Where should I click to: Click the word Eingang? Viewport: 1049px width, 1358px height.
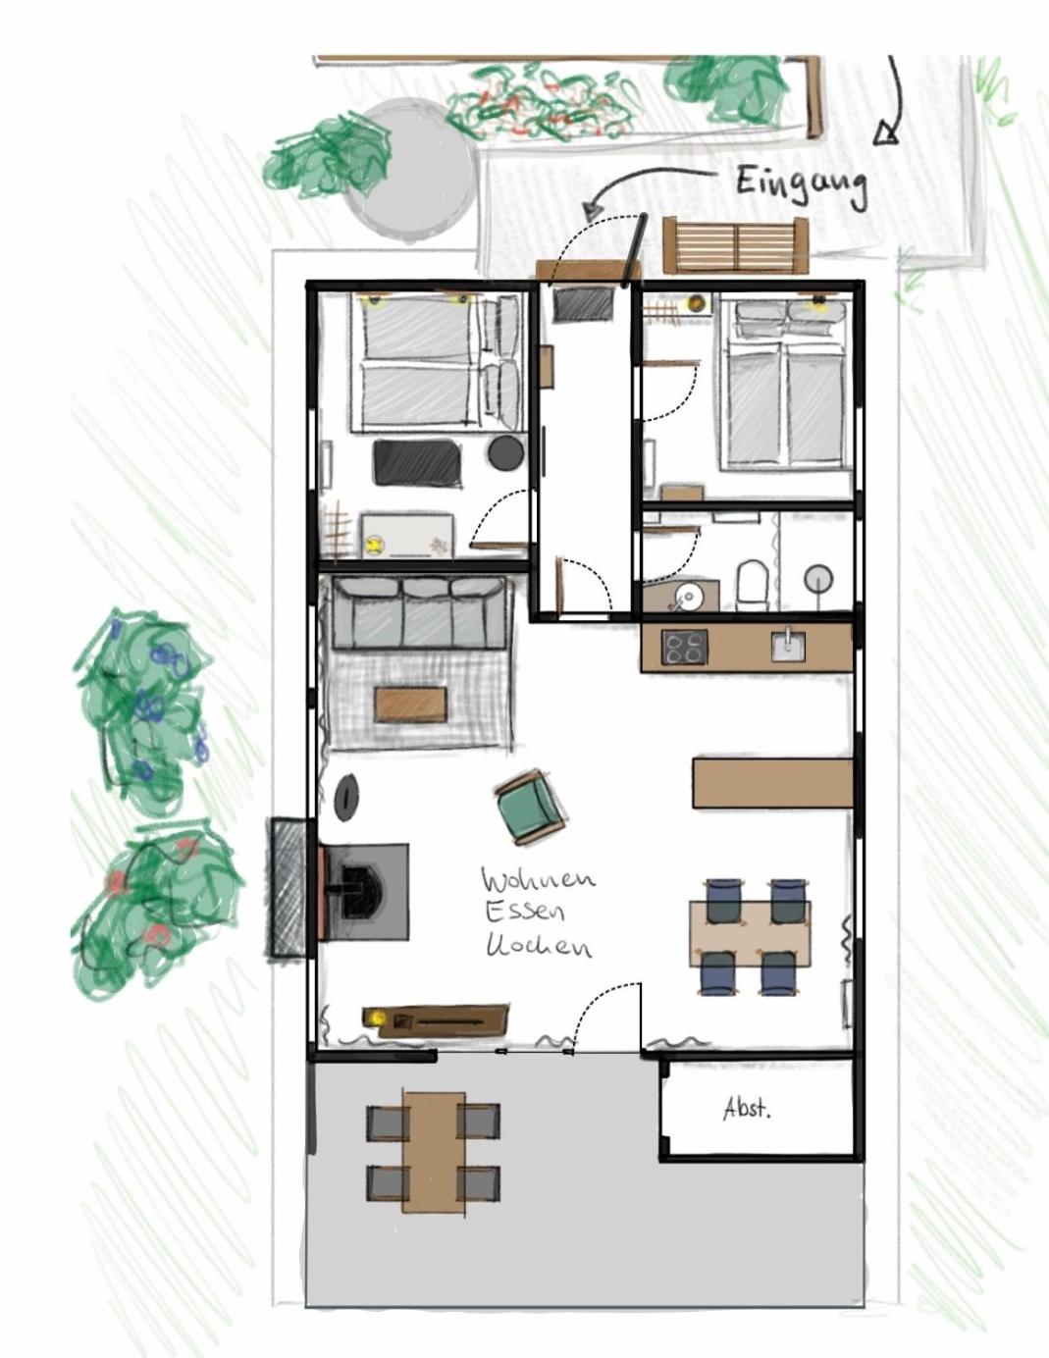[802, 185]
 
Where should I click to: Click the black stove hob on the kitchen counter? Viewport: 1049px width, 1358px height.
[685, 647]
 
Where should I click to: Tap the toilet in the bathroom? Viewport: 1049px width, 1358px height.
[752, 584]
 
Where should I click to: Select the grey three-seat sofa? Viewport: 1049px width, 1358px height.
[418, 612]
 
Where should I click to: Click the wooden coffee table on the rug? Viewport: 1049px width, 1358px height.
[410, 704]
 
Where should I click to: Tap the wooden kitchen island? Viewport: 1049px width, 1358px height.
[773, 782]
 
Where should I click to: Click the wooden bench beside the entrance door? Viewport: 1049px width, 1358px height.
[735, 245]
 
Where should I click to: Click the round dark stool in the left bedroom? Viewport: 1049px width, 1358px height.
[505, 452]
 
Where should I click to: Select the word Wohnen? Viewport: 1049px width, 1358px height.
[538, 880]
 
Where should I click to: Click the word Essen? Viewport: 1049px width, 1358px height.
[524, 913]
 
